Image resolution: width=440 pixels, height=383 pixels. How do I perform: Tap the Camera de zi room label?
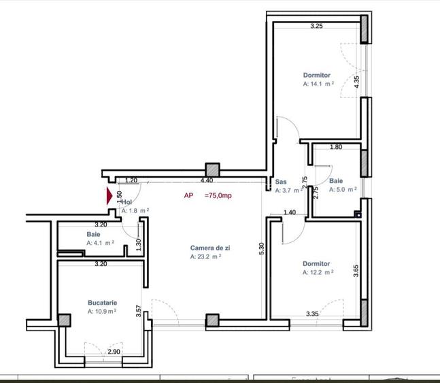pos(210,248)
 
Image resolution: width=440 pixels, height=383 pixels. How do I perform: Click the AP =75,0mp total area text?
pos(207,195)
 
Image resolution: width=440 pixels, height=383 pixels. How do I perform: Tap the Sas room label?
pos(281,182)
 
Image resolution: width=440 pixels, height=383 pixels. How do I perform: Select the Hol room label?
pos(127,202)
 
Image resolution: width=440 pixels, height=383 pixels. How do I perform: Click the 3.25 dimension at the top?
pos(316,27)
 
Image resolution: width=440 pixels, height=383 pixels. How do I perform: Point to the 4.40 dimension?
pos(207,181)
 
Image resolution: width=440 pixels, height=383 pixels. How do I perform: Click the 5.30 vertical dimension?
pos(261,250)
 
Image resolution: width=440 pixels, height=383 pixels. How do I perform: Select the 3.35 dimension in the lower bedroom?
pos(313,314)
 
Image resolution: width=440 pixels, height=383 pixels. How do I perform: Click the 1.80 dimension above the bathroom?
pos(335,147)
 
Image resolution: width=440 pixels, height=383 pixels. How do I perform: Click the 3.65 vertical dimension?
pos(356,271)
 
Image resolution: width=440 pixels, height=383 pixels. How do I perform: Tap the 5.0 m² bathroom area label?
pos(343,190)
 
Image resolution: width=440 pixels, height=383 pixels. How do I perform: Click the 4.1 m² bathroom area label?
pos(100,242)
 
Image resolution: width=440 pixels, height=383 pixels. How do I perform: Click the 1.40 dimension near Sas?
pos(289,213)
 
